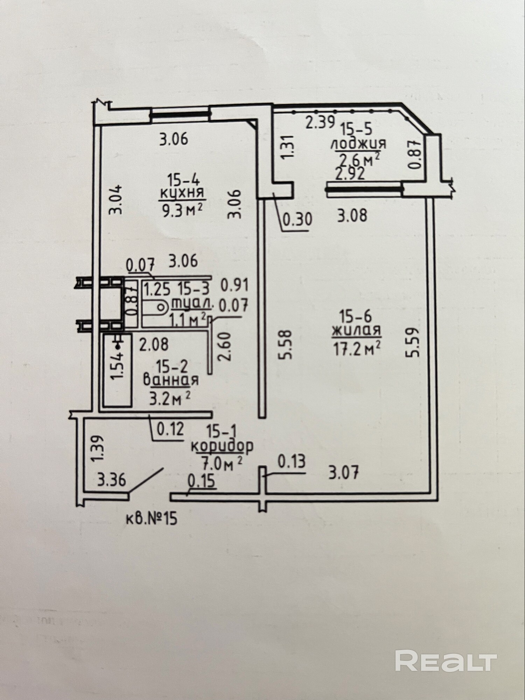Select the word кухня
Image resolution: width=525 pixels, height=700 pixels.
[x=182, y=193]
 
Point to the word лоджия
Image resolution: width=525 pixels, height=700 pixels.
[x=359, y=144]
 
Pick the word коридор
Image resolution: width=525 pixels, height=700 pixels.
[x=222, y=447]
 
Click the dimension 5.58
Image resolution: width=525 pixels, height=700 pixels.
[x=286, y=344]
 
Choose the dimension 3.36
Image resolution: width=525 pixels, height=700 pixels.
[x=112, y=480]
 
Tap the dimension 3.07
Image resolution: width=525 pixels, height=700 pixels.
[x=344, y=474]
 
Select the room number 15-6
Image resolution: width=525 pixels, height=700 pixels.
[x=357, y=316]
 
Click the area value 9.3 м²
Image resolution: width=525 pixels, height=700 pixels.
[x=182, y=211]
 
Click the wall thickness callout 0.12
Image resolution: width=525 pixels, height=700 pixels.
[x=170, y=429]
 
